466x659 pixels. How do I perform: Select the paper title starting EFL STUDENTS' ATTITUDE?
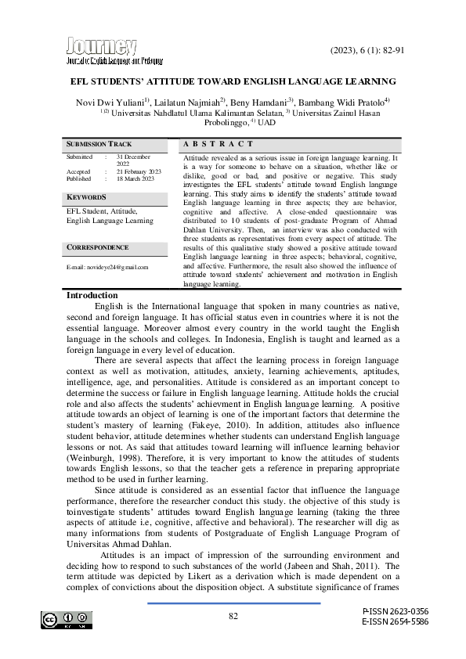(233, 81)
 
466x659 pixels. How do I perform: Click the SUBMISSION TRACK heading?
(99, 145)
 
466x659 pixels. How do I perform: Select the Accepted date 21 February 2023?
(139, 171)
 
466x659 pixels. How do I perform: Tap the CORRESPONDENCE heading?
(97, 247)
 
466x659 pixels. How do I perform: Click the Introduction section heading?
(91, 295)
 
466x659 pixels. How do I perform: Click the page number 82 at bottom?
(233, 616)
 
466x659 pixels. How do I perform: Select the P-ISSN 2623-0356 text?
(395, 610)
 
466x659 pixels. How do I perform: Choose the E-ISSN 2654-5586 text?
(395, 621)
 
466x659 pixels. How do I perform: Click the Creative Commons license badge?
(67, 620)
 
